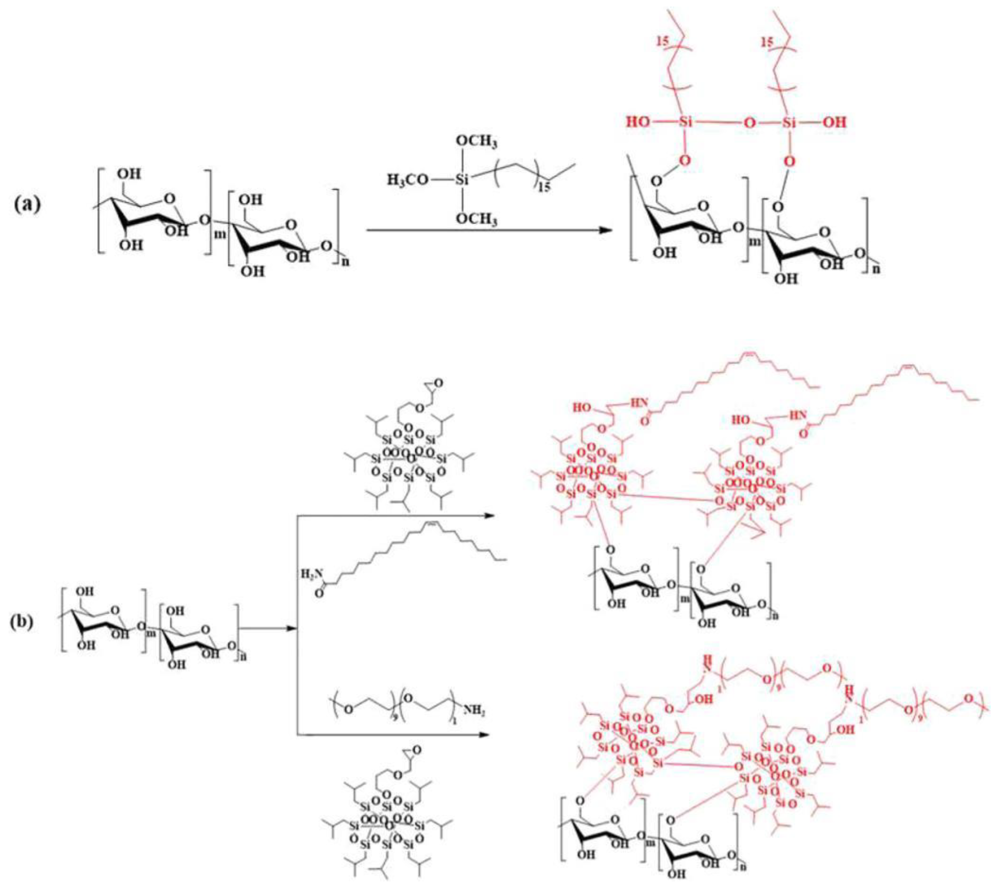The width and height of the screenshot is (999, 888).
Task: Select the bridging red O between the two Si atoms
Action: [748, 122]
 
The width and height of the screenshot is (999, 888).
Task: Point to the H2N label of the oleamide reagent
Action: [309, 575]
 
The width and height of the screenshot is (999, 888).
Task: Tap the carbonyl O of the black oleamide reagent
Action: [320, 595]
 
